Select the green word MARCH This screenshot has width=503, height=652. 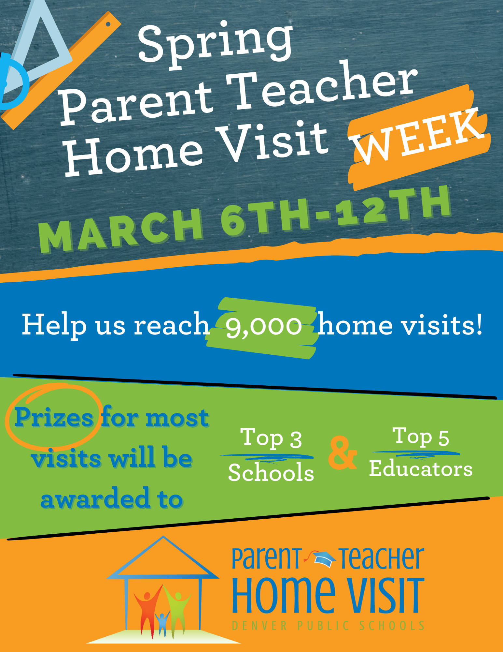click(120, 230)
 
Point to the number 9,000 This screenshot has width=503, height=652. click(264, 326)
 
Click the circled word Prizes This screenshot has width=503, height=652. click(54, 417)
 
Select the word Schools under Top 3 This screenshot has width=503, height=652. click(271, 473)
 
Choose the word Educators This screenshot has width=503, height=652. click(421, 469)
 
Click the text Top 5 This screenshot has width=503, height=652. click(422, 437)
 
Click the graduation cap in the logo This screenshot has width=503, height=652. click(324, 559)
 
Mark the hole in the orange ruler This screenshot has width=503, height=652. click(108, 24)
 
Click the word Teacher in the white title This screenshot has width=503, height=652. click(321, 86)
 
